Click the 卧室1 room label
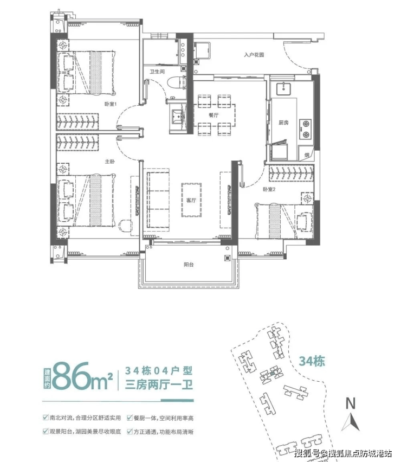tap(111, 104)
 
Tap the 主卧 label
tap(109, 162)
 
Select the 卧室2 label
tap(269, 189)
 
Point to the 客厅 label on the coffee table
tap(191, 200)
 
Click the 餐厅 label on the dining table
tap(214, 115)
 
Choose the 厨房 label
tap(283, 123)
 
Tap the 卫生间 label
tap(157, 72)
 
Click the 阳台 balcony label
tap(189, 265)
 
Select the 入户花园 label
tap(254, 55)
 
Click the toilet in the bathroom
tap(176, 82)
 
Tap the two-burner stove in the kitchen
tap(305, 129)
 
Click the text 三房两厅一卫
tap(159, 385)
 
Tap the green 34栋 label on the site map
tap(312, 361)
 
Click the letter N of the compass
tap(351, 403)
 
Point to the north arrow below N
tap(351, 422)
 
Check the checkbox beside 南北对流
tap(46, 417)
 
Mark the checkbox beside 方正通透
tap(130, 431)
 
